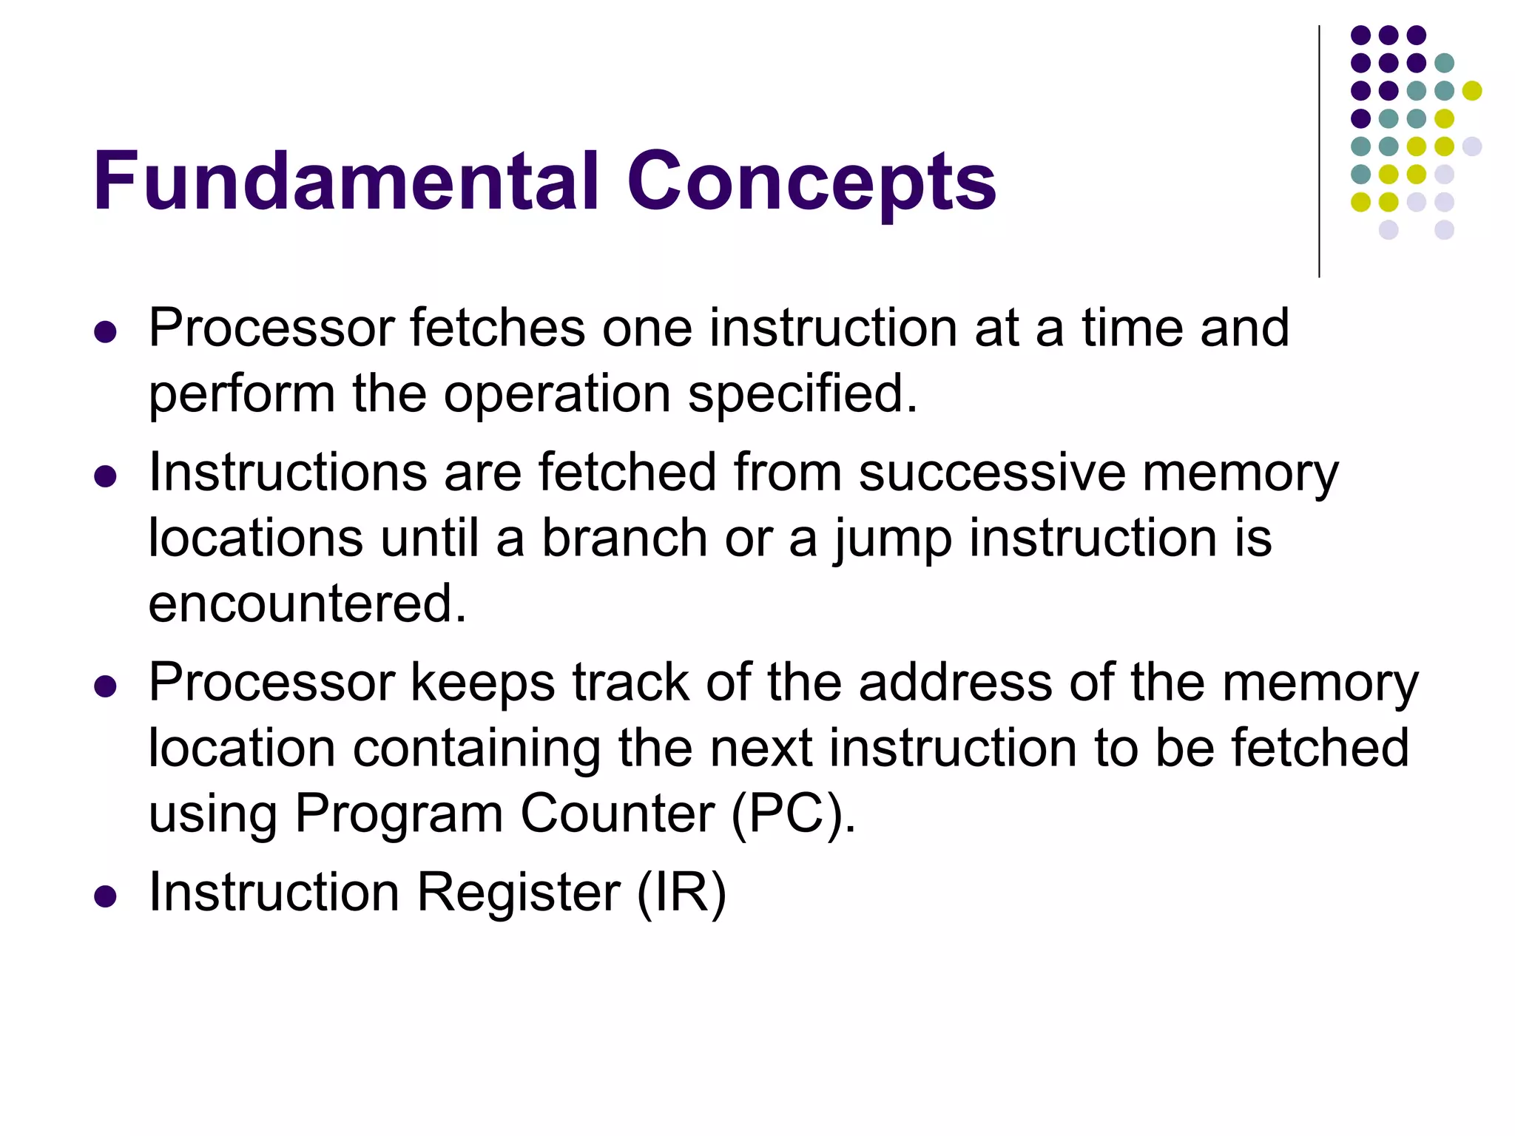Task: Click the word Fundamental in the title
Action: pyautogui.click(x=345, y=181)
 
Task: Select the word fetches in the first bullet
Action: pyautogui.click(x=497, y=328)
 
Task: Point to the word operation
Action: pyautogui.click(x=557, y=393)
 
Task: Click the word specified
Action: pyautogui.click(x=802, y=393)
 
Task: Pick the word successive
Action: pyautogui.click(x=992, y=472)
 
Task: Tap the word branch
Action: pyautogui.click(x=625, y=538)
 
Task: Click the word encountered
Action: pyautogui.click(x=307, y=603)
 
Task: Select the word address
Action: pyautogui.click(x=955, y=681)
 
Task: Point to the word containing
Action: pyautogui.click(x=476, y=748)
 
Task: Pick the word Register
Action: pyautogui.click(x=518, y=892)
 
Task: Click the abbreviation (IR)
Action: pyautogui.click(x=681, y=893)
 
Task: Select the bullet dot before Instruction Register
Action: pyautogui.click(x=106, y=896)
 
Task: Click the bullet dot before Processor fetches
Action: pyautogui.click(x=106, y=332)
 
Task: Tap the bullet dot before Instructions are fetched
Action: pyautogui.click(x=106, y=476)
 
